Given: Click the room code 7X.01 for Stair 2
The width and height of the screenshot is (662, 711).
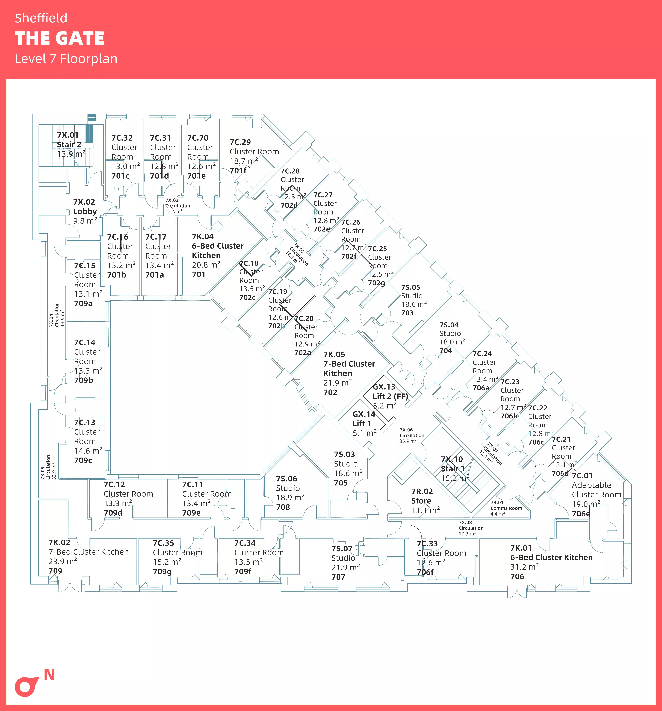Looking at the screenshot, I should (x=68, y=135).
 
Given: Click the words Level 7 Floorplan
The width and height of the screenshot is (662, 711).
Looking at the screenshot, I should (x=66, y=59).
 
